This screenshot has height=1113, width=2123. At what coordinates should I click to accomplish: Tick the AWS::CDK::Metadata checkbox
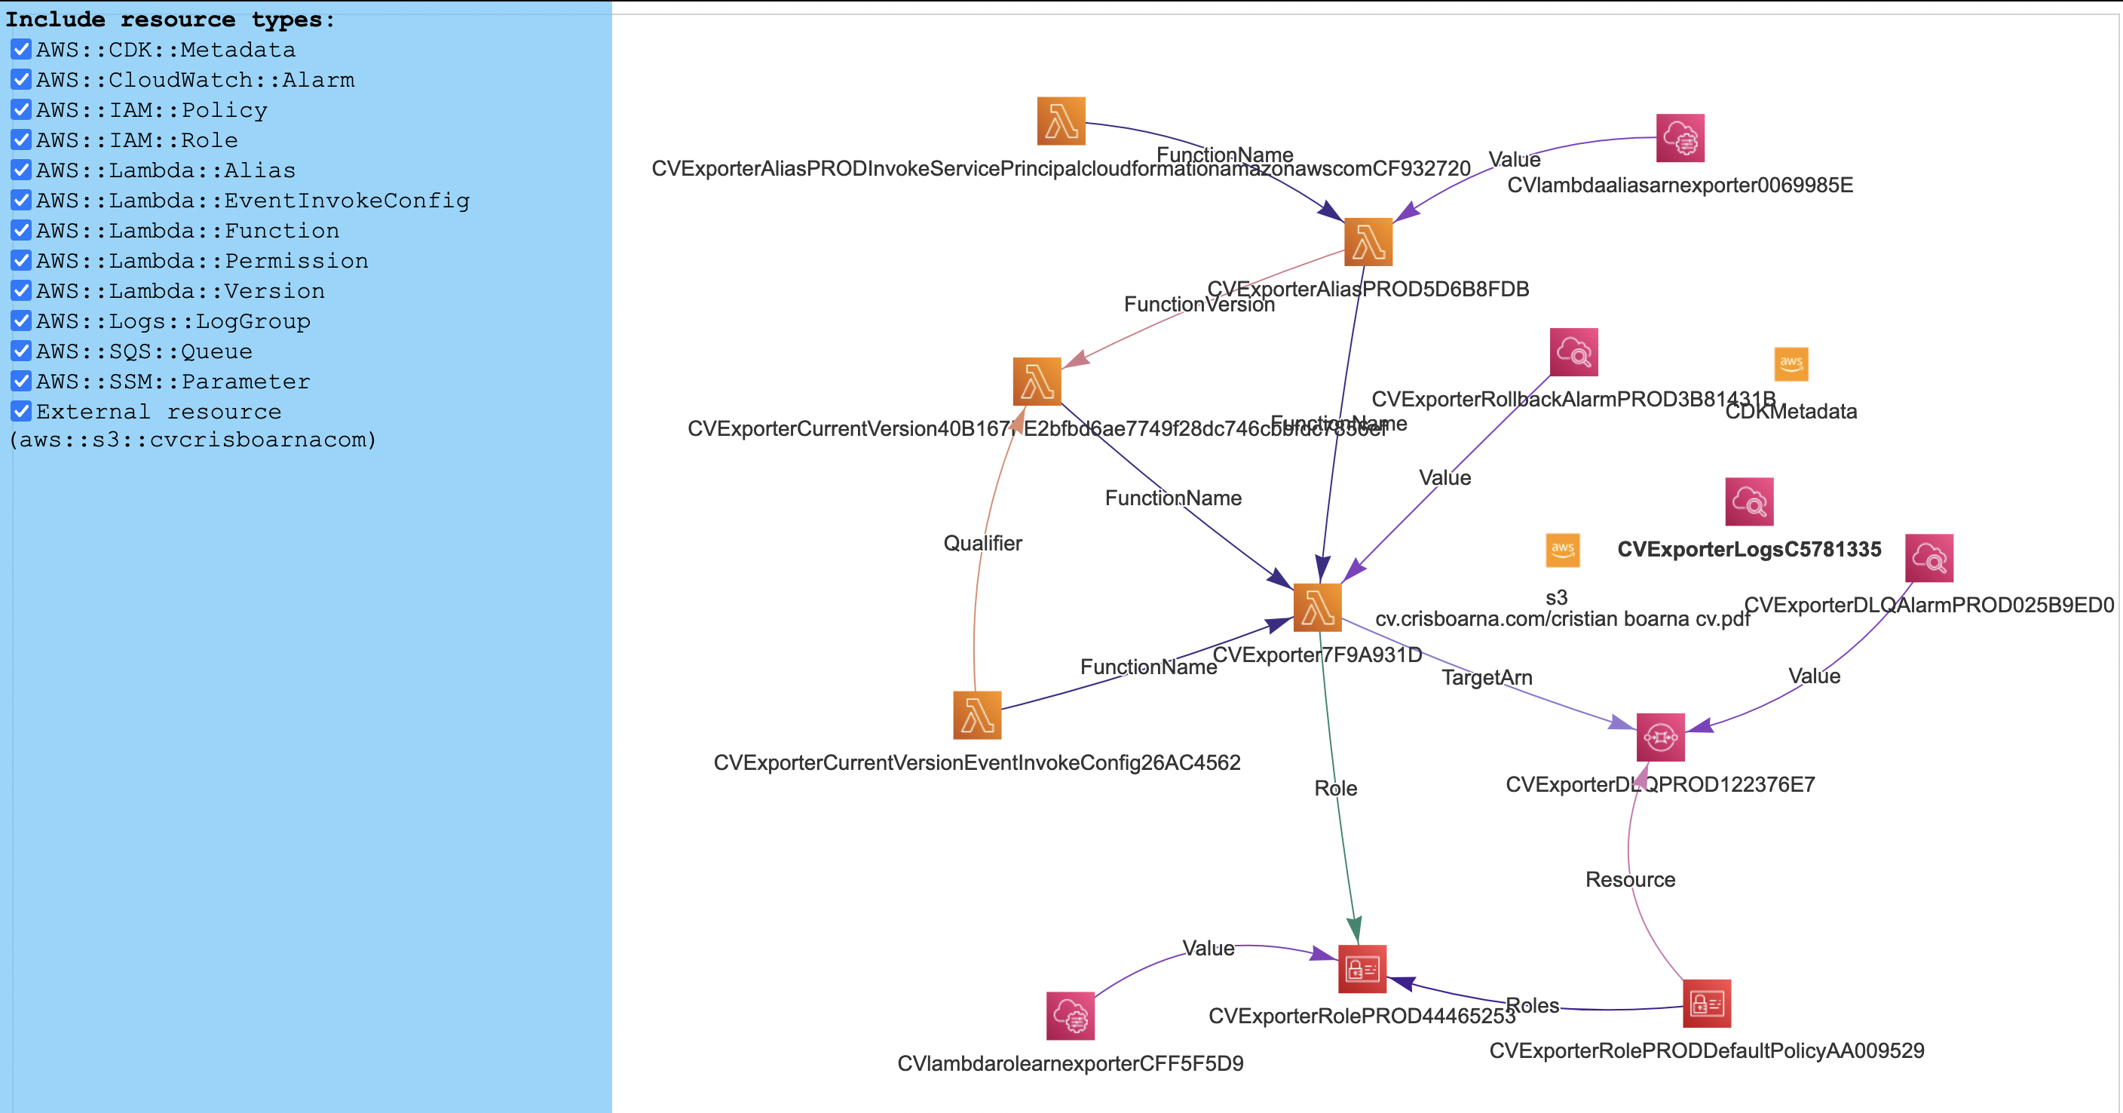point(21,50)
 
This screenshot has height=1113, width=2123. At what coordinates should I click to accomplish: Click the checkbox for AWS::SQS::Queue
point(21,351)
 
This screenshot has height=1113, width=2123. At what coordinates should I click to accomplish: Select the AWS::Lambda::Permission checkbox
point(21,260)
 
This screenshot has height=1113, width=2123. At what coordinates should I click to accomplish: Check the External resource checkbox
point(21,412)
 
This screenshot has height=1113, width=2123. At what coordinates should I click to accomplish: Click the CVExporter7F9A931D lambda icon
point(1317,608)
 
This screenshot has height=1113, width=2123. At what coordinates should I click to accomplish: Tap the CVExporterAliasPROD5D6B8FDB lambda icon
point(1368,241)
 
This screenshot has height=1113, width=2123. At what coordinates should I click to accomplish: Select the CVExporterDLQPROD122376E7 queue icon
point(1661,737)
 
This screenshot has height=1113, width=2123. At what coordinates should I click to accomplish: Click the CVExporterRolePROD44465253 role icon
point(1362,969)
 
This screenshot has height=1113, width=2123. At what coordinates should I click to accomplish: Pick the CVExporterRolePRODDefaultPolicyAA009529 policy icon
point(1707,1004)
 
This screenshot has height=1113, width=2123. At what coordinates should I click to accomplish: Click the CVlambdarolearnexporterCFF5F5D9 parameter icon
point(1071,1016)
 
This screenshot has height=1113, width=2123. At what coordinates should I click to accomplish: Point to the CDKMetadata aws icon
point(1791,363)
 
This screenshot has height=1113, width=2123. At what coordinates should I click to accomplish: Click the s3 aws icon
point(1563,550)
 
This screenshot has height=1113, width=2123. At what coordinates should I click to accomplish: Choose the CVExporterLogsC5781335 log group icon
point(1749,501)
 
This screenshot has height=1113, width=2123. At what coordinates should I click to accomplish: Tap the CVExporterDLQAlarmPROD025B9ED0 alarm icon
point(1929,558)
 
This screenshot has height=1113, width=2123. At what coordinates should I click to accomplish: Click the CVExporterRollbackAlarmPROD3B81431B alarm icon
point(1574,352)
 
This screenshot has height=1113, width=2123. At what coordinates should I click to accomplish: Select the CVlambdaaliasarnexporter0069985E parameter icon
point(1680,138)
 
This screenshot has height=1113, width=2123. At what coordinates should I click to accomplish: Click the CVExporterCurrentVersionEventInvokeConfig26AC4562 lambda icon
point(977,715)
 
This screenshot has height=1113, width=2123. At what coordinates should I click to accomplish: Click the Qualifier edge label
point(982,544)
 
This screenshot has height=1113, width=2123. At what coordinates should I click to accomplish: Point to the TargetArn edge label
point(1487,678)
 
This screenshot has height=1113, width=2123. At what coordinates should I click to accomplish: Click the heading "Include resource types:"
point(170,19)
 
